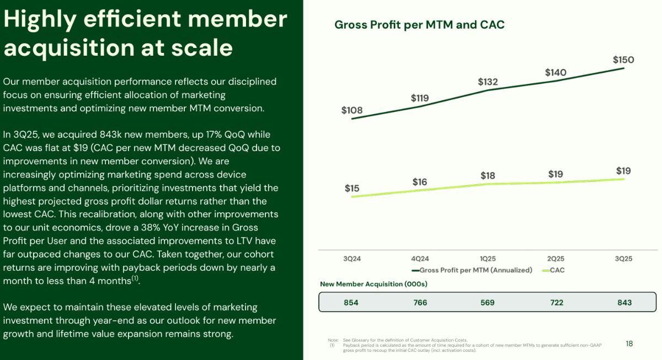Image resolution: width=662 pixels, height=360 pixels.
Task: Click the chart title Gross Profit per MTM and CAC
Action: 419,25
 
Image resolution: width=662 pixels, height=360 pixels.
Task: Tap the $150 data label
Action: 623,60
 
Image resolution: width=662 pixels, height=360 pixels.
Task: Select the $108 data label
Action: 352,110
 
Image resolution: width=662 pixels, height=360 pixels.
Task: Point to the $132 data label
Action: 488,82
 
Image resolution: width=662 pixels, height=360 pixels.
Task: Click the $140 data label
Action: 556,73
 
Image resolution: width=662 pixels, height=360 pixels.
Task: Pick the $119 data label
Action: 420,98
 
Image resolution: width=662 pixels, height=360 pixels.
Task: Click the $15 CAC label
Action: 352,189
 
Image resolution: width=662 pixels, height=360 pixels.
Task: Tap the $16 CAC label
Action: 420,182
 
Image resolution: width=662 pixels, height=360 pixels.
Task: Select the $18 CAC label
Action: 488,176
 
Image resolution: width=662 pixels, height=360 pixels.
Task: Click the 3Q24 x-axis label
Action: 352,259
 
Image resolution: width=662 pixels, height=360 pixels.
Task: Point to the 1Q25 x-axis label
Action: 488,259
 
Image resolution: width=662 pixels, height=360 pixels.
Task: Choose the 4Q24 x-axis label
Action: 420,259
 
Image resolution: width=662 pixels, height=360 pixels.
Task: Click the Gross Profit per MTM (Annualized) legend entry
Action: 472,270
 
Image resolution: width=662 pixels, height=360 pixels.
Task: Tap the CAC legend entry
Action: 553,270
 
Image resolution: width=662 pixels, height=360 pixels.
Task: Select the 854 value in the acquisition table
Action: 351,303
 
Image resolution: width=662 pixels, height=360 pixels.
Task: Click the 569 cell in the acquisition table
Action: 487,303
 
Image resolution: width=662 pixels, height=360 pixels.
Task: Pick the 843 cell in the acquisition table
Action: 624,303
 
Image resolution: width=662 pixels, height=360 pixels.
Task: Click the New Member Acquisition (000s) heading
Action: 373,284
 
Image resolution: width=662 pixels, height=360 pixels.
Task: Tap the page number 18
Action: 629,344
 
